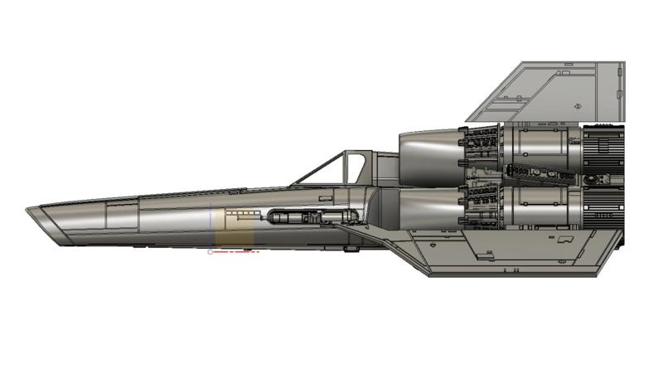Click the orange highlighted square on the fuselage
click(x=235, y=235)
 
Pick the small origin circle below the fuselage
click(x=210, y=251)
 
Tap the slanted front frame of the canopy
click(x=315, y=169)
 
